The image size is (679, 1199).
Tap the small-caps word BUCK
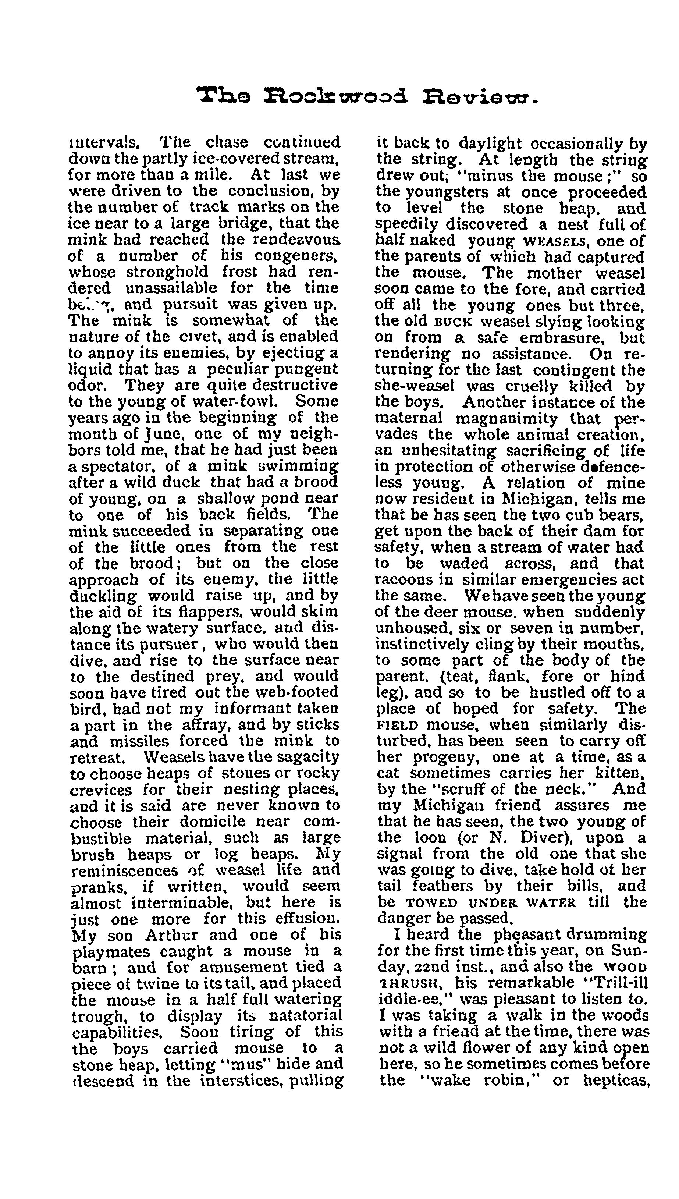coord(453,322)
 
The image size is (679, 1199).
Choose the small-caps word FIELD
coord(397,725)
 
